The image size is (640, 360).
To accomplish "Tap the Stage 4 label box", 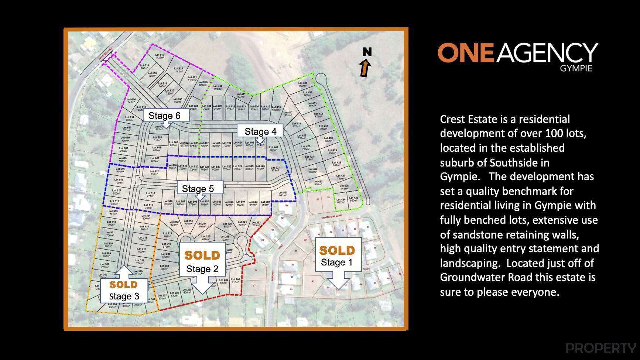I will (260, 131).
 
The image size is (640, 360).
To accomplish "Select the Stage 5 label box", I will (198, 189).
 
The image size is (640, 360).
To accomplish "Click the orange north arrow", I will (366, 69).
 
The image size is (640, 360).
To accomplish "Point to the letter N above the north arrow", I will (367, 52).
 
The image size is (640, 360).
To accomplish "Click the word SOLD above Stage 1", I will (337, 251).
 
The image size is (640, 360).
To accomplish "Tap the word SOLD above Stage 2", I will (202, 255).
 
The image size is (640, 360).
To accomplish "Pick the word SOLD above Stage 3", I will (123, 285).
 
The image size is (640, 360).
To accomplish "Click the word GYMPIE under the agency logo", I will (576, 69).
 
